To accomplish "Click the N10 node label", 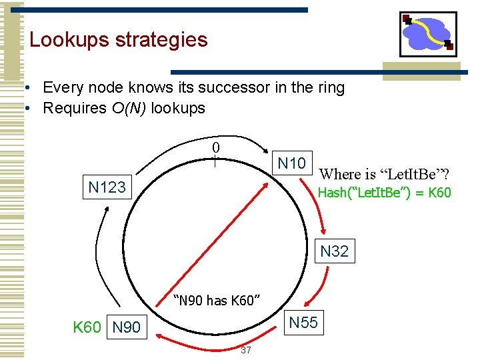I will click(291, 163).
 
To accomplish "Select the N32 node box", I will click(334, 251).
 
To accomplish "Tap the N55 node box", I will click(303, 323).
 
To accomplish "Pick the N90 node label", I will click(126, 327).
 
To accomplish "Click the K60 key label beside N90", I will click(87, 327).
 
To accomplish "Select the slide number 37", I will click(245, 351).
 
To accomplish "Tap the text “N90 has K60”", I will click(216, 301).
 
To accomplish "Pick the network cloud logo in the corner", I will click(427, 34).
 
